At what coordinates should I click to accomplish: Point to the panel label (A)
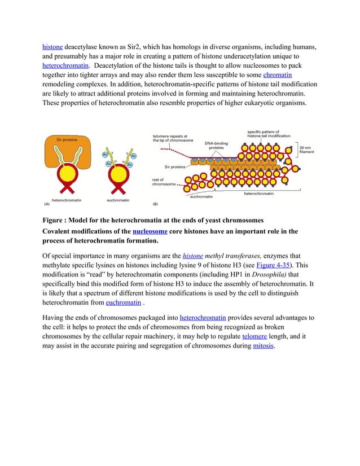(47, 204)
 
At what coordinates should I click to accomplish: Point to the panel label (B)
(155, 204)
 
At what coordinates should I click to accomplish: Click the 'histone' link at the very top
(52, 46)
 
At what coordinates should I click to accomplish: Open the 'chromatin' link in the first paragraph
(277, 74)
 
